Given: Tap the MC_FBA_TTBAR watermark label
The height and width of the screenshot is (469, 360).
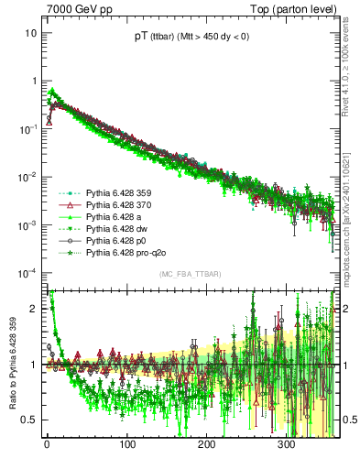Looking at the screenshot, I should pyautogui.click(x=188, y=275).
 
